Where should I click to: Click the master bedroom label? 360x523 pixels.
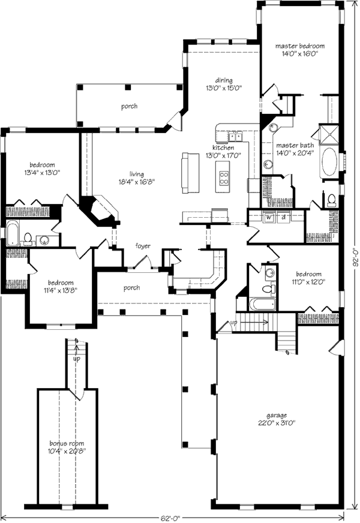pyautogui.click(x=300, y=46)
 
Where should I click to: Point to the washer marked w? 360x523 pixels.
pyautogui.click(x=270, y=217)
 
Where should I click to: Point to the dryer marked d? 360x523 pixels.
pyautogui.click(x=283, y=217)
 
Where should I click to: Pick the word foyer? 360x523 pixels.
pyautogui.click(x=142, y=246)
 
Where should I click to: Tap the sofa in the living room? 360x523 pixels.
pyautogui.click(x=191, y=173)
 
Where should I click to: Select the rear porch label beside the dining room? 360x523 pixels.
pyautogui.click(x=129, y=106)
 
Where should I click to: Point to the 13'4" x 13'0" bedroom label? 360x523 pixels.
pyautogui.click(x=43, y=164)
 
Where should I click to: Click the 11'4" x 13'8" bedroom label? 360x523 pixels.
pyautogui.click(x=61, y=282)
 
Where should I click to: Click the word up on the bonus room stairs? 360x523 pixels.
pyautogui.click(x=76, y=359)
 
